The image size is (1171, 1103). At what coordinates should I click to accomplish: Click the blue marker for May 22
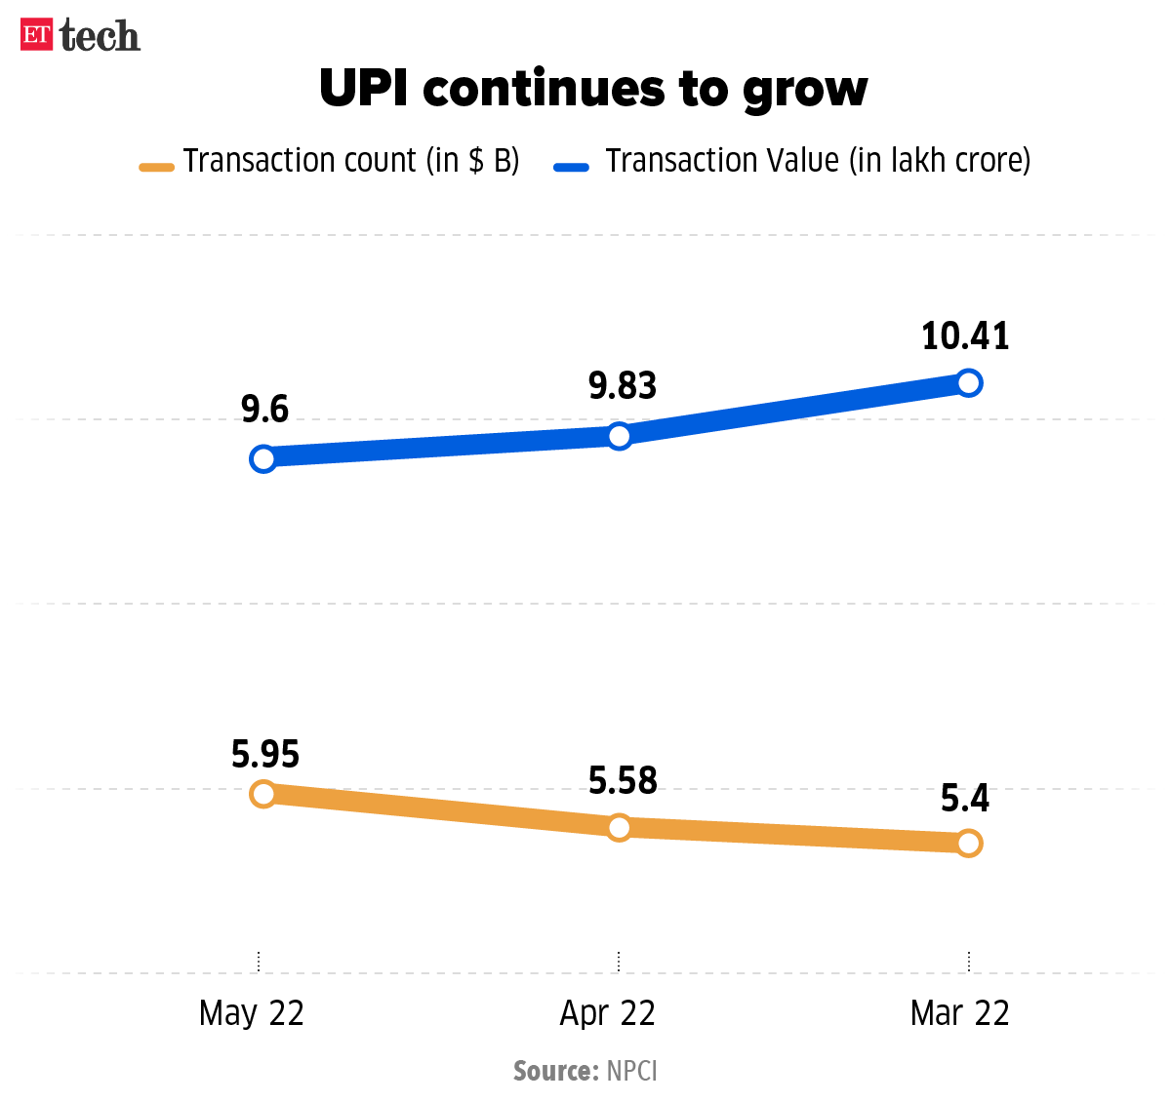coord(262,458)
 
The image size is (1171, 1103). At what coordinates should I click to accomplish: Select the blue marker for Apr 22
coord(619,435)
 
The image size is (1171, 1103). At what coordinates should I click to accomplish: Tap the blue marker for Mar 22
coord(968,382)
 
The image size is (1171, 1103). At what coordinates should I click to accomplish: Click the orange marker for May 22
coord(262,794)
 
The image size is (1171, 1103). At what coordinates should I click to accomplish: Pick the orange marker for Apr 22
coord(619,828)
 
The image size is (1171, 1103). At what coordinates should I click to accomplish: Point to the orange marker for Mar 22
coord(968,844)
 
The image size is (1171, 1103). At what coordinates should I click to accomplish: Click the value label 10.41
coord(965,336)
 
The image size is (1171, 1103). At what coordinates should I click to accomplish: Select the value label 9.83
coord(623,386)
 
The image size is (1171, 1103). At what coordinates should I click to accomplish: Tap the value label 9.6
coord(265,410)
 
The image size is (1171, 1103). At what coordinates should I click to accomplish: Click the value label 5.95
coord(265,755)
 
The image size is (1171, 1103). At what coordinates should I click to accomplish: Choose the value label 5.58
coord(623,781)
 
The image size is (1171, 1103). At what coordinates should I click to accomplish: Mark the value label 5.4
coord(964,799)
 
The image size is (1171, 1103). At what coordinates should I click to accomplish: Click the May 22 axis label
coord(252,1013)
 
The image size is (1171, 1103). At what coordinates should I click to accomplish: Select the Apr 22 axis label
coord(607,1013)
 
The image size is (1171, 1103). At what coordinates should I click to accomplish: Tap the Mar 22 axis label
coord(959,1013)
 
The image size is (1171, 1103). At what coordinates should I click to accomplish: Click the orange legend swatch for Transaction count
coord(156,167)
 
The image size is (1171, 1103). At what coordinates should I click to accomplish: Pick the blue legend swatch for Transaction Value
coord(571,167)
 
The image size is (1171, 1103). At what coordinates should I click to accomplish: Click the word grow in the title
coord(805,90)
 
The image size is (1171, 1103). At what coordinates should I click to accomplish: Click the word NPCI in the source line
coord(632,1071)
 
